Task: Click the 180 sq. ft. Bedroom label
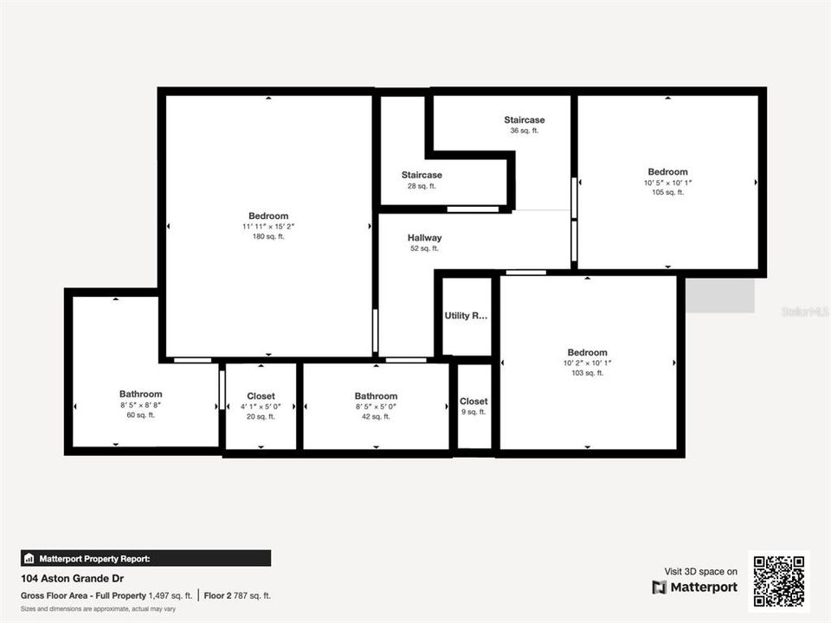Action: (x=268, y=216)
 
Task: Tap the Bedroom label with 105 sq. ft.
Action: (x=667, y=172)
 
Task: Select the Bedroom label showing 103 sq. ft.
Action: (x=587, y=353)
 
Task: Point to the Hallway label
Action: (x=424, y=238)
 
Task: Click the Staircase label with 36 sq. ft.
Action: (x=525, y=120)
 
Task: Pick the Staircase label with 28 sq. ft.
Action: (x=422, y=176)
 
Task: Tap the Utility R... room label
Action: (x=466, y=316)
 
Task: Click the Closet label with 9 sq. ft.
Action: (x=473, y=401)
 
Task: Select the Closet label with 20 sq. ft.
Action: (x=261, y=396)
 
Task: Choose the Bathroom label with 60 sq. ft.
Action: (x=140, y=395)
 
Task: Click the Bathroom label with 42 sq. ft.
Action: (x=376, y=396)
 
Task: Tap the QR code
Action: (x=779, y=581)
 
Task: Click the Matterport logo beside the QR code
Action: (x=695, y=588)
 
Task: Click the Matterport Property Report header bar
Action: (x=145, y=558)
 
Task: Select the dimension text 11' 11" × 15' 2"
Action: (x=268, y=227)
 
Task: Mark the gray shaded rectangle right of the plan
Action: (x=720, y=295)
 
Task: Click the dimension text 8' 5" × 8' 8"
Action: (x=140, y=405)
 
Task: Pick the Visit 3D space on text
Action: (x=701, y=571)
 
